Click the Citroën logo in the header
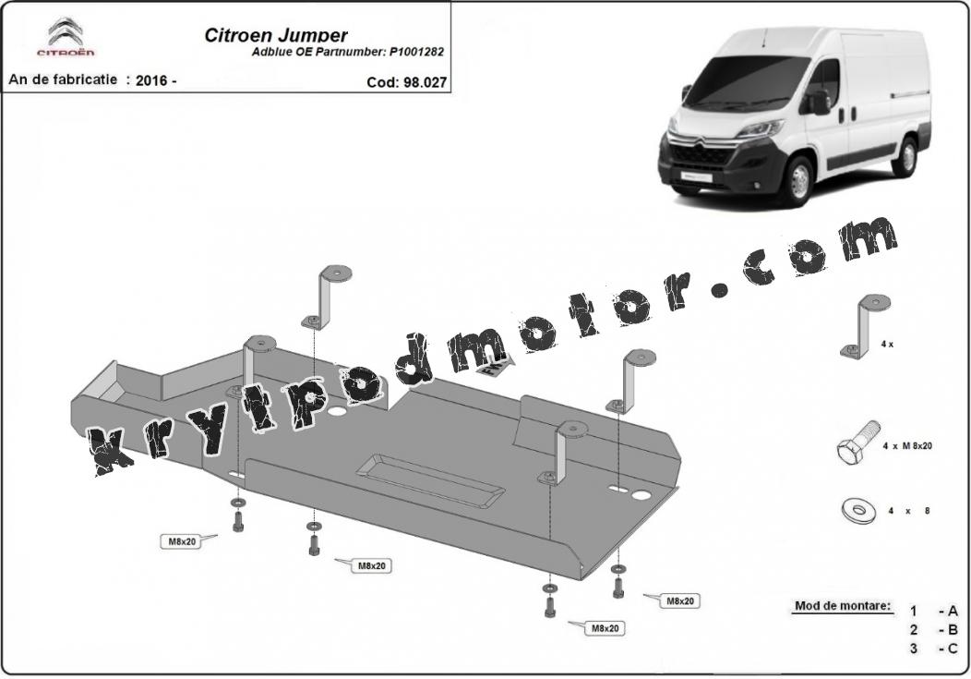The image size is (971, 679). (x=66, y=37)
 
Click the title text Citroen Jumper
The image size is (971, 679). (x=276, y=35)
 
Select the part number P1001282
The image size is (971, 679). (x=417, y=52)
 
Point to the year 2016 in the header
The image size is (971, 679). (x=151, y=80)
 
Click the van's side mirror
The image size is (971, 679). (x=821, y=103)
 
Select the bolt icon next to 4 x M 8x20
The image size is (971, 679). (x=857, y=442)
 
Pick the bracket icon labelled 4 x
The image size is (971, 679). (x=865, y=327)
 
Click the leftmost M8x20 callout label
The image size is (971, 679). (x=182, y=541)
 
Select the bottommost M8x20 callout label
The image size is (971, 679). (x=605, y=628)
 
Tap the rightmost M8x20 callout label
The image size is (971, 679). (x=679, y=601)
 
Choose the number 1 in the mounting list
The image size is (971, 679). (x=914, y=611)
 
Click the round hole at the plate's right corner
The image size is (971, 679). (x=641, y=495)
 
